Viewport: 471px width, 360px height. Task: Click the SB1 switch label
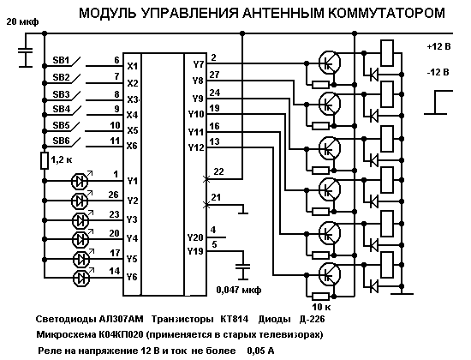(61, 60)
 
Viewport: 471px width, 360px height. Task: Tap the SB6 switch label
(61, 141)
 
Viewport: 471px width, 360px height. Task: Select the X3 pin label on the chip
(133, 99)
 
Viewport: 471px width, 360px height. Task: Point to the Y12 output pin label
(196, 147)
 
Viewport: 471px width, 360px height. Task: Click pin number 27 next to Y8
(214, 75)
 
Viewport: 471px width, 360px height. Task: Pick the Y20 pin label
(195, 237)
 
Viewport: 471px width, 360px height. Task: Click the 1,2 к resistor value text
(62, 159)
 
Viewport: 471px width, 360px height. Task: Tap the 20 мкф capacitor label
(22, 21)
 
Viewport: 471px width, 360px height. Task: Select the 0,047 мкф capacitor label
(239, 290)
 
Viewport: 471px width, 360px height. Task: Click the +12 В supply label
(438, 46)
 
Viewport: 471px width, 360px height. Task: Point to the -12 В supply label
(438, 73)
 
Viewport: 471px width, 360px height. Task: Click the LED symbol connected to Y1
(80, 181)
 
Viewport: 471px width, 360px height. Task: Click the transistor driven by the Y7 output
(330, 63)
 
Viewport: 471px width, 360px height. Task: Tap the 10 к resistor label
(321, 307)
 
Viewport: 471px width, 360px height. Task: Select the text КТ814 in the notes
(235, 319)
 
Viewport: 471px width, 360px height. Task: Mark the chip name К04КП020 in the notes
(121, 334)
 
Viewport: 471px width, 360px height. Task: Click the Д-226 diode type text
(312, 319)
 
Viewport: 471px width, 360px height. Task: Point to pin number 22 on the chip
(218, 171)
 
